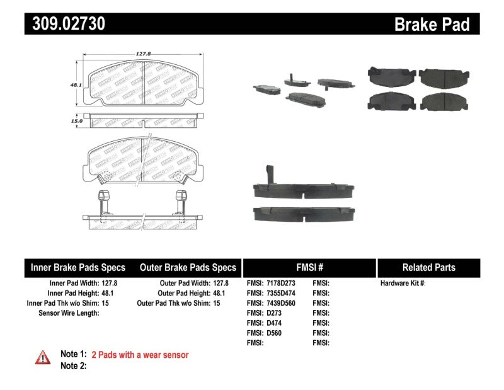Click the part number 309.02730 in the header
(66, 25)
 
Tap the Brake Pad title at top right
(432, 25)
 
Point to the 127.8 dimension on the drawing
(144, 55)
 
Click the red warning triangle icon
(42, 357)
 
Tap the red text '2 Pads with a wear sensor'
(140, 355)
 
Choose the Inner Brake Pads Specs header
(78, 267)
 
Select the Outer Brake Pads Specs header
(188, 267)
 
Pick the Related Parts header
(428, 267)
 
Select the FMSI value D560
(274, 333)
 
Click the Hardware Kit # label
(403, 284)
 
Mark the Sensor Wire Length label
(69, 313)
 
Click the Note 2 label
(72, 366)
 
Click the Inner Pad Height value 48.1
(110, 294)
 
